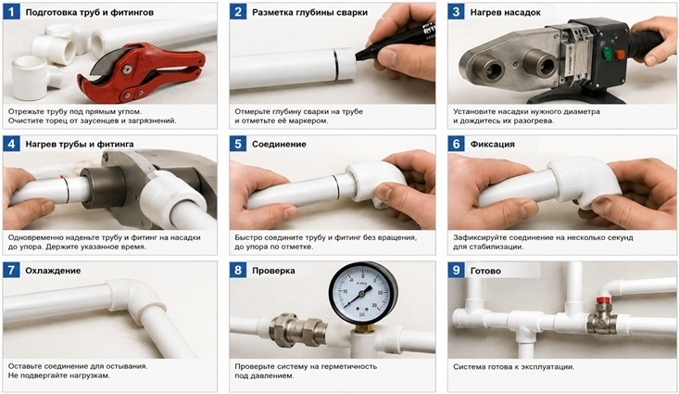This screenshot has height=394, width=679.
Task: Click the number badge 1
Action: tap(11, 12)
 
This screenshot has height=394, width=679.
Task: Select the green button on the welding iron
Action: tap(607, 54)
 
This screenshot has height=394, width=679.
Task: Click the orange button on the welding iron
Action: tap(620, 55)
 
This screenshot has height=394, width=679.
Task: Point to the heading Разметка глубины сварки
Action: tap(309, 13)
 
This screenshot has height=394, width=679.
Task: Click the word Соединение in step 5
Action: tap(279, 145)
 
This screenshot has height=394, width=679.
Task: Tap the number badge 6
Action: tap(456, 144)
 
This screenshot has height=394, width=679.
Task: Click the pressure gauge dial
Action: tap(363, 294)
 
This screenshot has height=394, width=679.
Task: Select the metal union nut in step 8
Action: tap(298, 331)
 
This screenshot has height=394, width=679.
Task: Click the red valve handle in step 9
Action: tap(603, 299)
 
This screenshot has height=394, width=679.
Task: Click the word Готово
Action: tap(485, 271)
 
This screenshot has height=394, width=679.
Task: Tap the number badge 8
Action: tap(238, 271)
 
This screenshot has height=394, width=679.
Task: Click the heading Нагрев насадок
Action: tap(506, 13)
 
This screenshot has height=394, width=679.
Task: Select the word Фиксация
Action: tap(493, 145)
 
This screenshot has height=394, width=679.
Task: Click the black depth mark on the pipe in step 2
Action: tap(335, 64)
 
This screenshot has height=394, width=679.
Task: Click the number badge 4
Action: tap(11, 144)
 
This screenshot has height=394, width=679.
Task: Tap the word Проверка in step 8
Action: tap(273, 271)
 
